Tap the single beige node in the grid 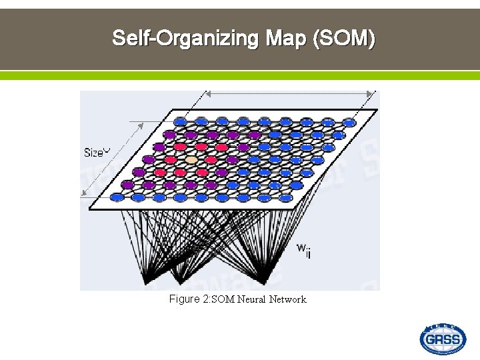pyautogui.click(x=191, y=160)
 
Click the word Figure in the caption pyautogui.click(x=185, y=299)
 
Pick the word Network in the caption pyautogui.click(x=287, y=299)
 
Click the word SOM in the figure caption pyautogui.click(x=223, y=299)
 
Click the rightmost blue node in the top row pyautogui.click(x=348, y=122)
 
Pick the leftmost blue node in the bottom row pyautogui.click(x=118, y=197)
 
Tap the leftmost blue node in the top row pyautogui.click(x=181, y=121)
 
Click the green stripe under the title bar pyautogui.click(x=240, y=75)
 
